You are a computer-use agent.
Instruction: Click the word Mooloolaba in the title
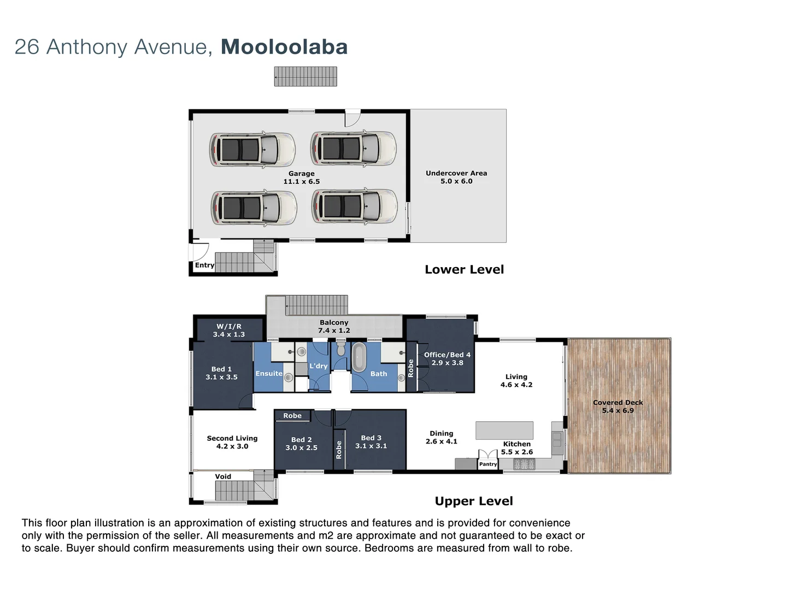point(284,47)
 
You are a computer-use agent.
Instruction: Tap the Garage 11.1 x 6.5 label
point(301,178)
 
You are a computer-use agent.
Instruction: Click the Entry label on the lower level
point(204,265)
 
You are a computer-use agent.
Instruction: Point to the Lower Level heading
point(464,269)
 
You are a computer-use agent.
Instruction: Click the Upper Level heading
point(473,501)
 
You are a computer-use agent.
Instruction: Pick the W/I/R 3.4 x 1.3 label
point(228,331)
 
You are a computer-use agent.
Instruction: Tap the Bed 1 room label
point(221,373)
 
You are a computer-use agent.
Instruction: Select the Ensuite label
point(269,374)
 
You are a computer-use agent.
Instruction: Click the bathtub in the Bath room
point(359,357)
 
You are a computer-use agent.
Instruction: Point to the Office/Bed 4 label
point(447,358)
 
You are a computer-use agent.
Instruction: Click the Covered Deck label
point(618,406)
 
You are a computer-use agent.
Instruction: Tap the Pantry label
point(488,464)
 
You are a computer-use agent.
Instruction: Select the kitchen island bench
point(504,430)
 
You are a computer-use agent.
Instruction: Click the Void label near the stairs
point(223,476)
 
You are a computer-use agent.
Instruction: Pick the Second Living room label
point(232,442)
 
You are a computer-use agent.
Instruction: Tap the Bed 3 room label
point(371,442)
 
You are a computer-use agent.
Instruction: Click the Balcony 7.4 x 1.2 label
point(334,327)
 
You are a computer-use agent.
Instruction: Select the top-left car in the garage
point(252,149)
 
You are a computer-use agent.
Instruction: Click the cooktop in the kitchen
point(524,464)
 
